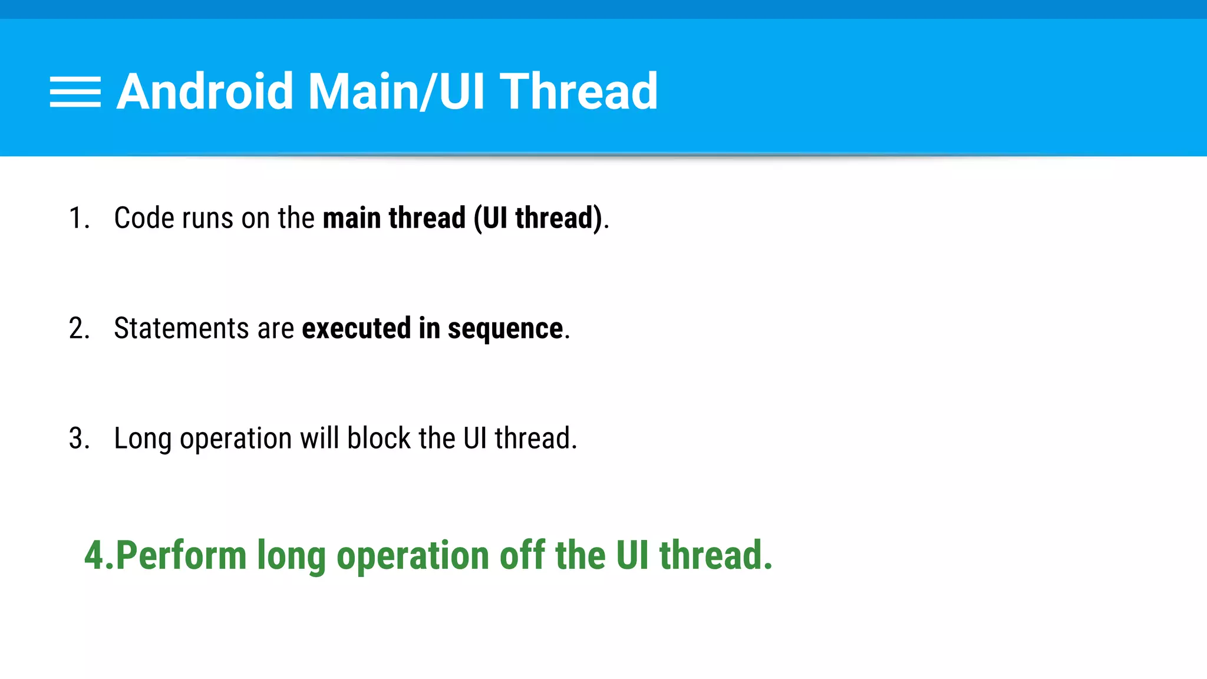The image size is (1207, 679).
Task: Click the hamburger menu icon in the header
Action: [x=75, y=92]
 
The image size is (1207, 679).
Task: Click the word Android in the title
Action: [x=205, y=91]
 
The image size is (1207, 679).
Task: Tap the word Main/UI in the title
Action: [x=396, y=91]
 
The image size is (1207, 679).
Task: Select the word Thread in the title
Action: [x=578, y=91]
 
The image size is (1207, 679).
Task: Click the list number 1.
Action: [x=78, y=218]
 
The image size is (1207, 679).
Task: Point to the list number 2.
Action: [x=78, y=328]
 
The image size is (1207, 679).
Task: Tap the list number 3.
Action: [x=78, y=439]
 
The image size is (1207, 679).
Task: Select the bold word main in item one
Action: [x=352, y=218]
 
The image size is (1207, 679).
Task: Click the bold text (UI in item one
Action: [x=490, y=218]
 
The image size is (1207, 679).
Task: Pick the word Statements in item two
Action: [x=181, y=328]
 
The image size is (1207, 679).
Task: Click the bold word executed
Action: [x=356, y=328]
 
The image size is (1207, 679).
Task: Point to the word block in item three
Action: [x=378, y=439]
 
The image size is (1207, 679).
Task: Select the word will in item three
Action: [x=319, y=439]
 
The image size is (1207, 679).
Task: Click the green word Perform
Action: [x=181, y=555]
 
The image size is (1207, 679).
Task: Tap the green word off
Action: [x=522, y=555]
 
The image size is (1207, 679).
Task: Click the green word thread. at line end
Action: [x=715, y=555]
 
